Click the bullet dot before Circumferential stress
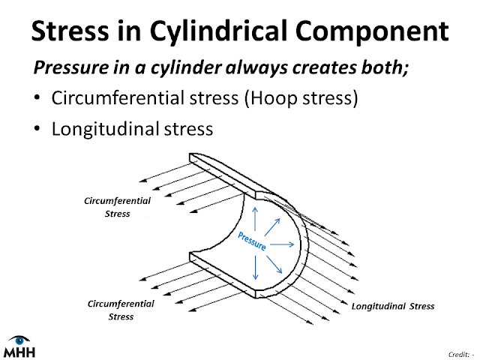(x=37, y=99)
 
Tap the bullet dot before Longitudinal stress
(x=37, y=128)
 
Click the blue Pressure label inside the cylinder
(x=250, y=241)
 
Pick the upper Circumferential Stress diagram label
(x=118, y=208)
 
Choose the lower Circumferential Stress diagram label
(x=121, y=310)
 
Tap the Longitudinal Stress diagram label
(x=393, y=306)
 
